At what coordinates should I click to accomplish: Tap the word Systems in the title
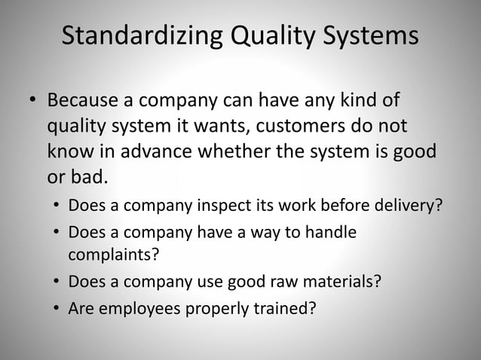(x=369, y=36)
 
